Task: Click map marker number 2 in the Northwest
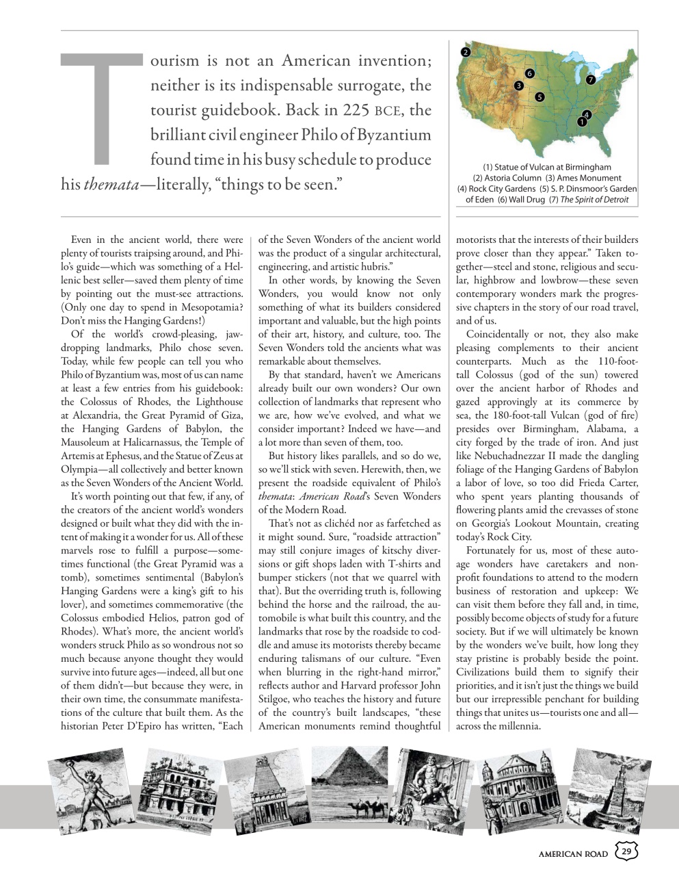(x=466, y=52)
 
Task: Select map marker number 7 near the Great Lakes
(x=590, y=79)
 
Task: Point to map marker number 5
(x=540, y=96)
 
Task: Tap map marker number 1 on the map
(x=581, y=122)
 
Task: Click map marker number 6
(x=529, y=73)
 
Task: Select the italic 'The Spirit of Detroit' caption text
(x=594, y=200)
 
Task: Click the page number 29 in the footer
(x=626, y=851)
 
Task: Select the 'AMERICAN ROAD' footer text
(x=573, y=853)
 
